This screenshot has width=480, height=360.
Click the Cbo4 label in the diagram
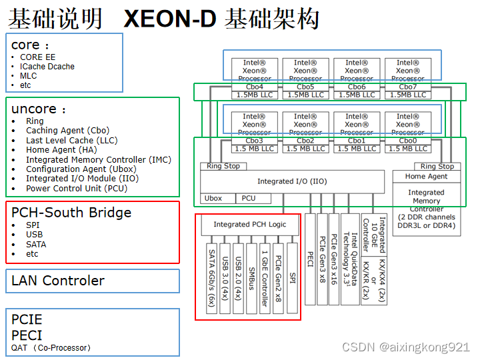pyautogui.click(x=254, y=87)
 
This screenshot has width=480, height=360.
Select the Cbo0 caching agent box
pyautogui.click(x=407, y=141)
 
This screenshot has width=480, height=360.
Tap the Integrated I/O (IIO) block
pyautogui.click(x=292, y=181)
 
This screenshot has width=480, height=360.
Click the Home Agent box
pyautogui.click(x=426, y=177)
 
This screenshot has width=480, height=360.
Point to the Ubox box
pyautogui.click(x=213, y=198)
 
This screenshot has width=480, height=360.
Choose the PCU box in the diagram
pyautogui.click(x=248, y=198)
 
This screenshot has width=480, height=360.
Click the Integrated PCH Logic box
pyautogui.click(x=249, y=225)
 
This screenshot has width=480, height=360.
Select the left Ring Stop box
pyautogui.click(x=223, y=166)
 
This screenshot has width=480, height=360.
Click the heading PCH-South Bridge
pyautogui.click(x=71, y=213)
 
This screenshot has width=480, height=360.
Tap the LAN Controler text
pyautogui.click(x=58, y=281)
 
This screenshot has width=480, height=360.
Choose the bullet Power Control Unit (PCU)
pyautogui.click(x=77, y=189)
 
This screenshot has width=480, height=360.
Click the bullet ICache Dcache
pyautogui.click(x=47, y=67)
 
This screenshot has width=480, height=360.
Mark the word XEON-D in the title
pyautogui.click(x=170, y=19)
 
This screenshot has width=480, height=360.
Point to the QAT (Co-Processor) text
pyautogui.click(x=51, y=347)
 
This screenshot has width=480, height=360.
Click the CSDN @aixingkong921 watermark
pyautogui.click(x=406, y=347)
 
